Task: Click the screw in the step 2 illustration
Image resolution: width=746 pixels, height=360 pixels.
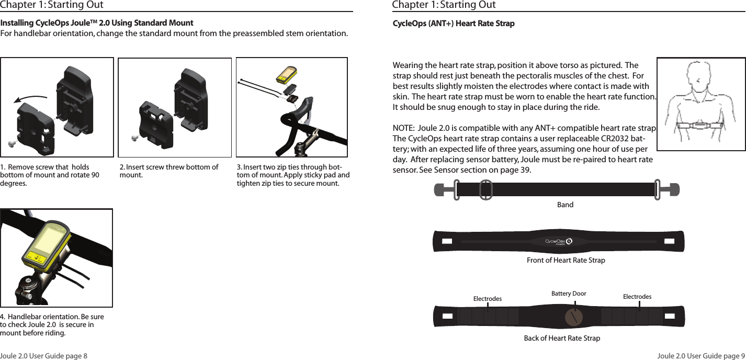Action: coord(135,138)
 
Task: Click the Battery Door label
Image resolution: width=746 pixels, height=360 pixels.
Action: coord(569,294)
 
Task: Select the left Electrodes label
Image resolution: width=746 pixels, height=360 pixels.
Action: coord(487,299)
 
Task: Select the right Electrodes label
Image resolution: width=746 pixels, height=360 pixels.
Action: coord(637,297)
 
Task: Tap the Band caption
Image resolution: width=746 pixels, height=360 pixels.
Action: coord(565,205)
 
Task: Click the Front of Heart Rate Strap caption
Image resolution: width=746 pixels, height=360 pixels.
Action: coord(566,260)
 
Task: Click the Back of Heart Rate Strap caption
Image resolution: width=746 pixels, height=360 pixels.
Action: coord(562,338)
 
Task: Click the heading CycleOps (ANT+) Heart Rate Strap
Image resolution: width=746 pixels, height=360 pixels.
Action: coord(454,24)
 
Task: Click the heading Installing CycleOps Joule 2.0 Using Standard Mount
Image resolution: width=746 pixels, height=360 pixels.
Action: coord(97,24)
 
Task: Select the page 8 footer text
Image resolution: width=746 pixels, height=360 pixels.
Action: coord(44,356)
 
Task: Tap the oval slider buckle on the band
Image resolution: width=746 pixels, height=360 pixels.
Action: coord(486,189)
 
